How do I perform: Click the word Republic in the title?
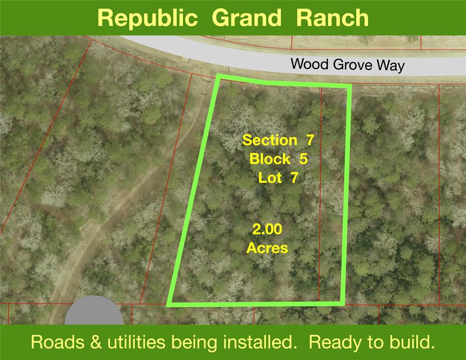pyautogui.click(x=147, y=18)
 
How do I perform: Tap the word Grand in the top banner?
pyautogui.click(x=247, y=18)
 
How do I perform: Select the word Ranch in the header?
pyautogui.click(x=332, y=18)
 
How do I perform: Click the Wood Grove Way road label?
pyautogui.click(x=347, y=64)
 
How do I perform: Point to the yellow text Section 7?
pyautogui.click(x=278, y=140)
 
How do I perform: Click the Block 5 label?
pyautogui.click(x=278, y=159)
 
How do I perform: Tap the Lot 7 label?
pyautogui.click(x=278, y=178)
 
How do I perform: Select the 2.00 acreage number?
pyautogui.click(x=267, y=229)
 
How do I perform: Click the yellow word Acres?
pyautogui.click(x=267, y=248)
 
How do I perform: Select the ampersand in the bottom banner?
pyautogui.click(x=96, y=342)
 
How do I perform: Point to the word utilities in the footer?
pyautogui.click(x=136, y=342)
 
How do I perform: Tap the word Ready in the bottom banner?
pyautogui.click(x=336, y=343)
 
